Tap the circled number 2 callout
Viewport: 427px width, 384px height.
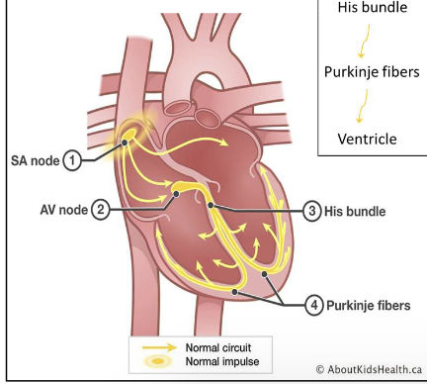[x=100, y=209]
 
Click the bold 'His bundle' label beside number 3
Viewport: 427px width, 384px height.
[x=357, y=211]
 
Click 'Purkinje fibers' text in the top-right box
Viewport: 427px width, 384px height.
[x=371, y=72]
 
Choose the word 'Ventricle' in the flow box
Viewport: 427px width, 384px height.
[x=368, y=138]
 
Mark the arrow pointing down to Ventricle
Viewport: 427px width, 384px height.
[x=363, y=104]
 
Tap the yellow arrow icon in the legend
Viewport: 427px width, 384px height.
[x=156, y=348]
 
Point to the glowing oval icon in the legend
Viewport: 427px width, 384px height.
[x=156, y=363]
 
